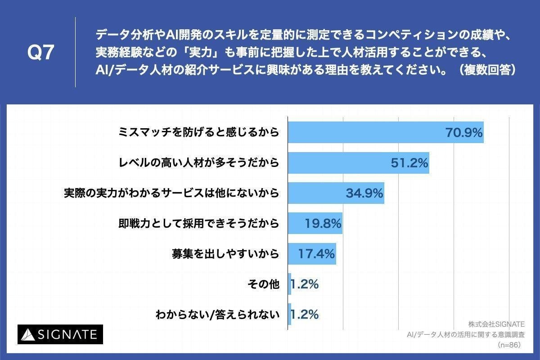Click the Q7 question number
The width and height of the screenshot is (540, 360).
pyautogui.click(x=41, y=53)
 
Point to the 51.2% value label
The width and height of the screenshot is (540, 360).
pyautogui.click(x=409, y=163)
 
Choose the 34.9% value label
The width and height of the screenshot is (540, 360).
pyautogui.click(x=364, y=193)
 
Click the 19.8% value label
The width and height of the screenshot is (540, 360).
pyautogui.click(x=323, y=224)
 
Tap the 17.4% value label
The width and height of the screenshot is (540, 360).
pyautogui.click(x=317, y=254)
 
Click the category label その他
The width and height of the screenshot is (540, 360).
pyautogui.click(x=264, y=284)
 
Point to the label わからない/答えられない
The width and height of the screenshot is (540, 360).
pyautogui.click(x=217, y=315)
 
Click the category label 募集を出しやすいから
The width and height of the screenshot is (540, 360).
pyautogui.click(x=225, y=254)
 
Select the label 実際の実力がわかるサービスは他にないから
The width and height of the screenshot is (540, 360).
pyautogui.click(x=171, y=193)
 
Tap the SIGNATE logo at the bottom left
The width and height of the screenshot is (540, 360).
pyautogui.click(x=60, y=334)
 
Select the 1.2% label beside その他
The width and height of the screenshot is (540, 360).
pyautogui.click(x=305, y=284)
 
